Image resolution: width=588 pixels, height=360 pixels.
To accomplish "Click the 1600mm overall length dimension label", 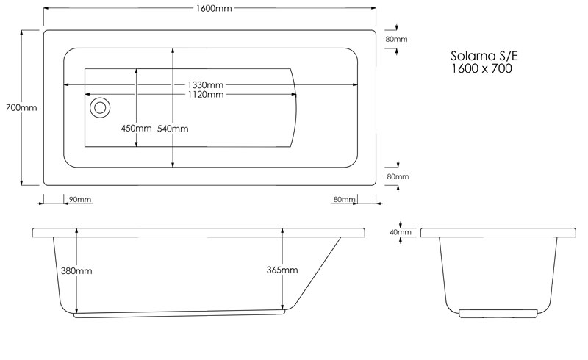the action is pyautogui.click(x=214, y=8).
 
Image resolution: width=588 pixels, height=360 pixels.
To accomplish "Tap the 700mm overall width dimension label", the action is pyautogui.click(x=21, y=107).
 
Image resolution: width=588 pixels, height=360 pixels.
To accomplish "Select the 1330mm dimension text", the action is pyautogui.click(x=206, y=85).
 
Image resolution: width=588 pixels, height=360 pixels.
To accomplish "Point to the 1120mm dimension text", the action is pyautogui.click(x=206, y=95).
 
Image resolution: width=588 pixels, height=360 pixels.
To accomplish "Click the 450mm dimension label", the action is pyautogui.click(x=136, y=129).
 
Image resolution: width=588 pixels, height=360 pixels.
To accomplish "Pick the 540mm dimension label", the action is pyautogui.click(x=173, y=129).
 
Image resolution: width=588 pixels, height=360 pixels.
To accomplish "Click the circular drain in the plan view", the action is pyautogui.click(x=100, y=107).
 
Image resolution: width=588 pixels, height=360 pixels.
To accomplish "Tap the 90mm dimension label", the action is pyautogui.click(x=80, y=200).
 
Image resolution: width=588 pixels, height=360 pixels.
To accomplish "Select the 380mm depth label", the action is pyautogui.click(x=76, y=271).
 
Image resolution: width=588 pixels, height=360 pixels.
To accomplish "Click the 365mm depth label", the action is pyautogui.click(x=282, y=270).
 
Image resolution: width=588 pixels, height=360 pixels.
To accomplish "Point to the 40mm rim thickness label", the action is pyautogui.click(x=401, y=232).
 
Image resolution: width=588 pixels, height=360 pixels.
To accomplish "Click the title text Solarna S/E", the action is pyautogui.click(x=484, y=56).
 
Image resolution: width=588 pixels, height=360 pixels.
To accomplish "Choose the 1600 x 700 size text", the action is pyautogui.click(x=481, y=68).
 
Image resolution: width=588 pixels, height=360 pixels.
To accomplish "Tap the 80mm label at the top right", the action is pyautogui.click(x=396, y=39).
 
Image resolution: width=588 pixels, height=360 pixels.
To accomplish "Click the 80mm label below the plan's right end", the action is pyautogui.click(x=344, y=200).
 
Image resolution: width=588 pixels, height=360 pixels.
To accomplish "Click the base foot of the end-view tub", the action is pyautogui.click(x=498, y=314).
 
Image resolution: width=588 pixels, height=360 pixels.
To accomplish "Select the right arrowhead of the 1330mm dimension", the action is pyautogui.click(x=354, y=85).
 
